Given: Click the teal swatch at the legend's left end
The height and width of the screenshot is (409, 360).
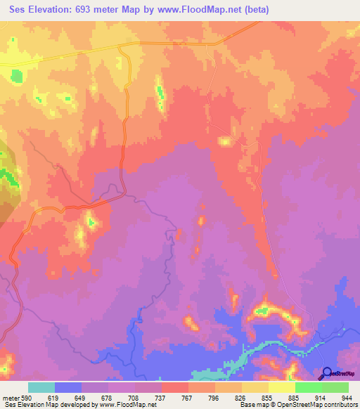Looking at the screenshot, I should tap(41, 387).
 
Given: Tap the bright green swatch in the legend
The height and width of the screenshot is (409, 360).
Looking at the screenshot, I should tap(308, 387).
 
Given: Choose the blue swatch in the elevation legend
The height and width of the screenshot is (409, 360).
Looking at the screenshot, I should tap(68, 387).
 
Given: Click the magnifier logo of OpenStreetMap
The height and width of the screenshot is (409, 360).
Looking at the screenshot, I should tap(326, 373).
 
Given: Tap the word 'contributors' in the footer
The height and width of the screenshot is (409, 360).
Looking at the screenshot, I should tap(337, 405).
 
